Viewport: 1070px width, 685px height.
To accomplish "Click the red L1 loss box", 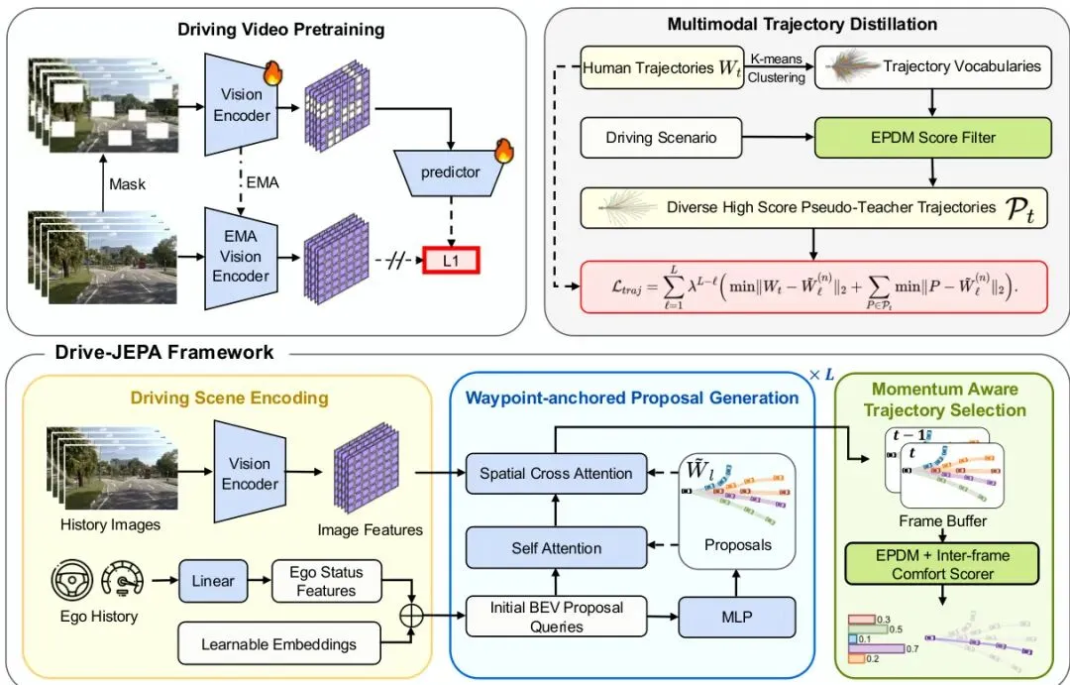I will [452, 262].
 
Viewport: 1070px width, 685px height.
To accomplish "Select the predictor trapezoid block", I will [451, 172].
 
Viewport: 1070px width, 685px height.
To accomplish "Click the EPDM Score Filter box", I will [932, 137].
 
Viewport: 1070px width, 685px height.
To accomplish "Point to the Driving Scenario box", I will [661, 138].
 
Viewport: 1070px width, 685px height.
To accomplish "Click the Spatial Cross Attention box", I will [556, 473].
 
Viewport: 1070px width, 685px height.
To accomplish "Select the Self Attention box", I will [556, 547].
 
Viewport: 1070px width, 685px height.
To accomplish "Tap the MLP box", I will [738, 617].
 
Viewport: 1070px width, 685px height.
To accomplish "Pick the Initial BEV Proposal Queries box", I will [556, 617].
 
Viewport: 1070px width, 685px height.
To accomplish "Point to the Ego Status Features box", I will [326, 582].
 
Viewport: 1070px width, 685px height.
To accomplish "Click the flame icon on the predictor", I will [504, 151].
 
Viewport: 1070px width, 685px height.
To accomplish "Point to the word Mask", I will [128, 183].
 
